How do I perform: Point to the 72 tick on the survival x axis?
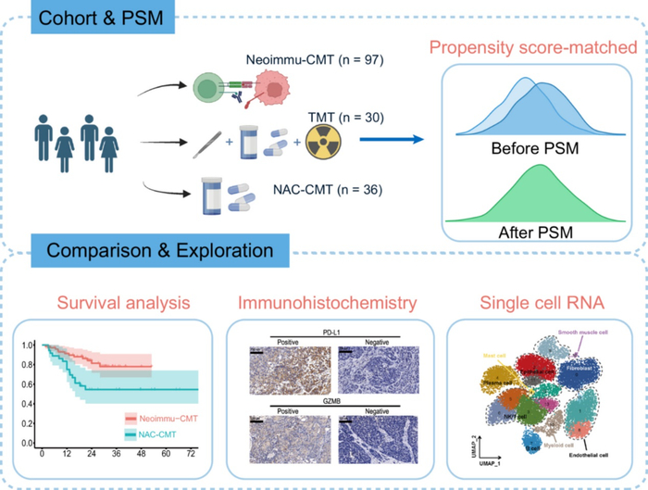(x=193, y=457)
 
